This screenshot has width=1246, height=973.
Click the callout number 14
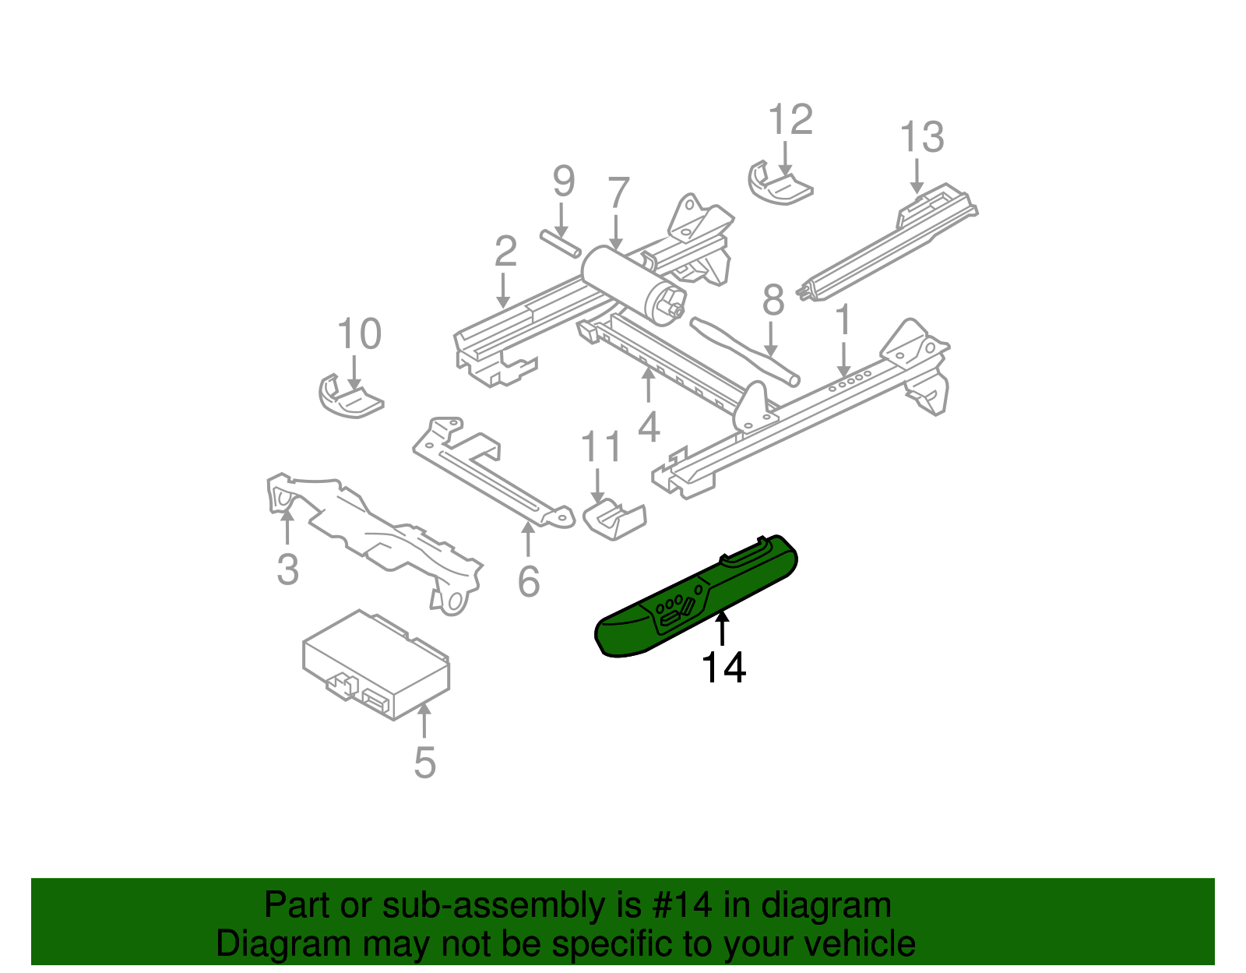(x=723, y=668)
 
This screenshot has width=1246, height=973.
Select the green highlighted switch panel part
(x=693, y=600)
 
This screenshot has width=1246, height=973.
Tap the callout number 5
(x=424, y=762)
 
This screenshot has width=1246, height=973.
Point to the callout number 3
(x=287, y=569)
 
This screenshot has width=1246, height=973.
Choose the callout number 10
(x=359, y=334)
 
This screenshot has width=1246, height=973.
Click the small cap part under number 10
(x=349, y=397)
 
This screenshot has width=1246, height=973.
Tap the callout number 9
(x=563, y=182)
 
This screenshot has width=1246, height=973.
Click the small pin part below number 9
(x=560, y=243)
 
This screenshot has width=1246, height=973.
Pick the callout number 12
(x=790, y=120)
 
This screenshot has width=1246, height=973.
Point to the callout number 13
(x=921, y=137)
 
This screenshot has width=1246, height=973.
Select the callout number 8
(x=772, y=299)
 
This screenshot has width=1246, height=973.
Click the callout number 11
(x=601, y=447)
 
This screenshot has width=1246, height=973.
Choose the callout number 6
(x=529, y=581)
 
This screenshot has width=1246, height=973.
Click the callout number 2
(x=505, y=252)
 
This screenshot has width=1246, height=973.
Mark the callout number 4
(x=648, y=427)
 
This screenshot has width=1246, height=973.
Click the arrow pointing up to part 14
(x=723, y=628)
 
